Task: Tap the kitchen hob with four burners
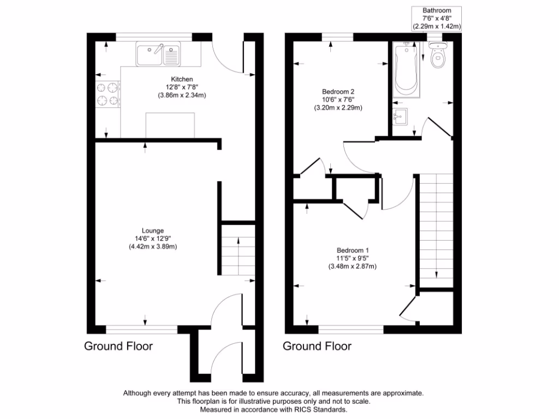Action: click(108, 93)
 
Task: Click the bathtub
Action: click(406, 70)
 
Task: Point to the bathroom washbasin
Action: click(400, 116)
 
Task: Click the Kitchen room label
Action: click(182, 80)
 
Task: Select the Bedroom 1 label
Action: click(352, 250)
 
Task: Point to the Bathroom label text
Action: click(437, 10)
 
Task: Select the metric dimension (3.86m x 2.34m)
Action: click(182, 95)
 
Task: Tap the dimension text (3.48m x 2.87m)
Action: click(352, 266)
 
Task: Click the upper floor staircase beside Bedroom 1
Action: click(436, 229)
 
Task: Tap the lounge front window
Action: click(141, 330)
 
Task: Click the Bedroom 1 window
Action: click(351, 330)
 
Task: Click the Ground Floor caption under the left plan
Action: click(118, 346)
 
